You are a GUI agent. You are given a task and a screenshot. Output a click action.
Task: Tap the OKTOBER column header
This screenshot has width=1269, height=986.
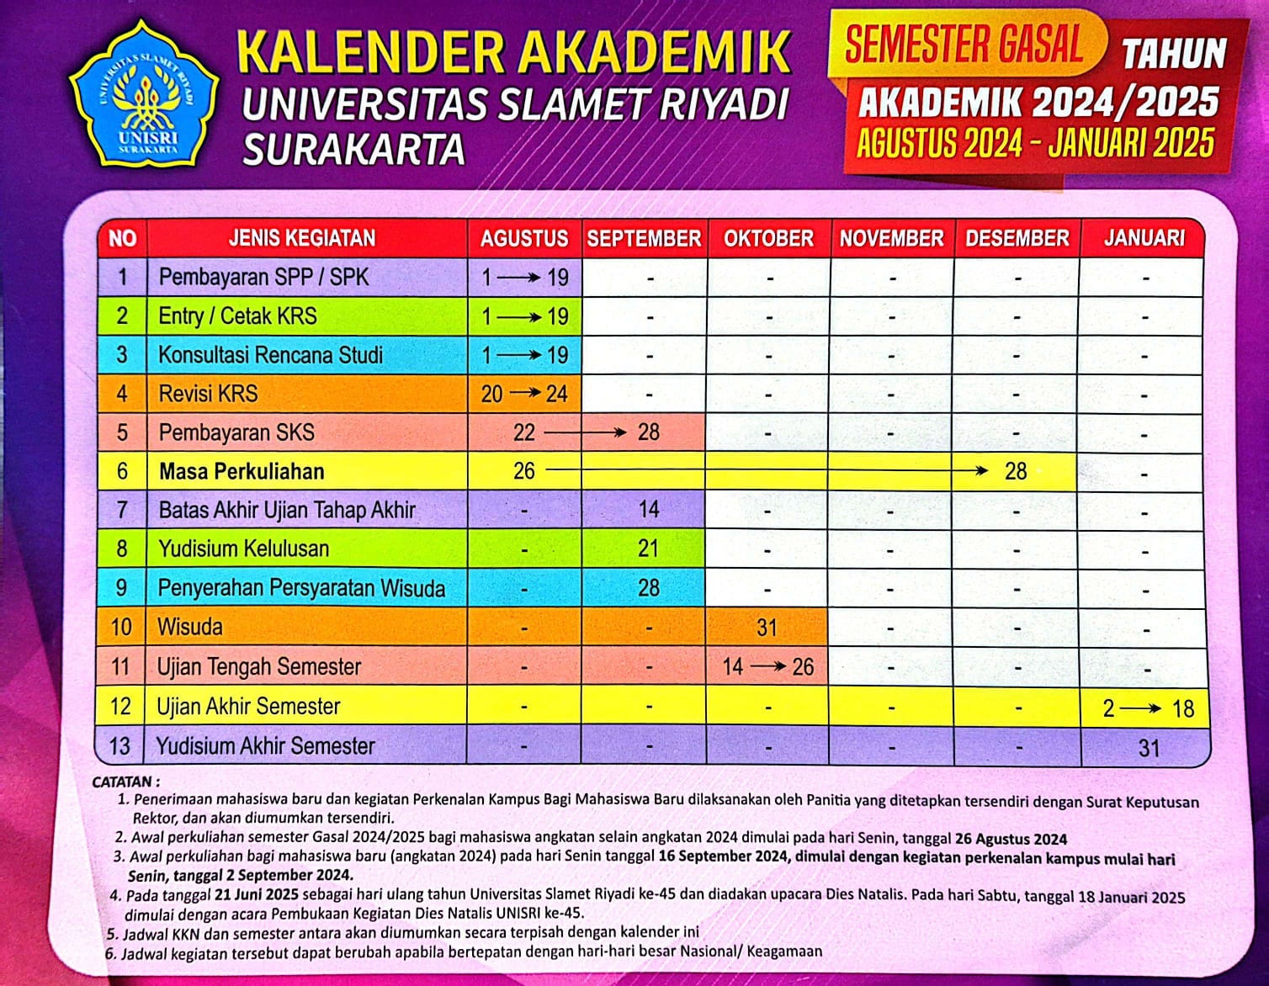pos(768,238)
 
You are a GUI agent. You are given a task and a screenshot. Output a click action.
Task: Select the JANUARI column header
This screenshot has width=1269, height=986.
pos(1144,238)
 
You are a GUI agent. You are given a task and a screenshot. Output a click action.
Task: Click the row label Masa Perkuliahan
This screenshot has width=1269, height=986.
pos(242,471)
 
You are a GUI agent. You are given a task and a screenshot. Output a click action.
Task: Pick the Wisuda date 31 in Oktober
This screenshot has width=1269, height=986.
pos(767,628)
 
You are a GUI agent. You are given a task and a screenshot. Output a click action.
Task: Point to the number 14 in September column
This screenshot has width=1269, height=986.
pos(648,510)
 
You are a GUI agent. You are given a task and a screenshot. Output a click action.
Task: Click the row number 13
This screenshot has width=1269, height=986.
pos(120,745)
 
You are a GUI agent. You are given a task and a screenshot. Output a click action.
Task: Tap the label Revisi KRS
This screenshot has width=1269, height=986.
pos(208,394)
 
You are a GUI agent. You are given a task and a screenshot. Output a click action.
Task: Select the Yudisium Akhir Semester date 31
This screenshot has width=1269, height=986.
pos(1149,747)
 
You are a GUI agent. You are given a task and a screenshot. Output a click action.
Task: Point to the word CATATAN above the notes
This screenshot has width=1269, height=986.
pos(125,782)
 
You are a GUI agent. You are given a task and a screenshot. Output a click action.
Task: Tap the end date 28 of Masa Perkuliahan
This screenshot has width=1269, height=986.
pos(1016,471)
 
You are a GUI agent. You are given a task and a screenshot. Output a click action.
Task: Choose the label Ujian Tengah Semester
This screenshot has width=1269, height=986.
pos(258,667)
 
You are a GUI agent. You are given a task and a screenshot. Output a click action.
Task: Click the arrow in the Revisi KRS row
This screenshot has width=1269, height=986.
pos(524,393)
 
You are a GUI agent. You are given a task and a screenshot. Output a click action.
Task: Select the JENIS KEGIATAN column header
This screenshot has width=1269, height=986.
pos(302,238)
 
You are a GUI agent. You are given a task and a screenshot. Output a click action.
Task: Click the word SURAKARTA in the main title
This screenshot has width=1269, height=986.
pos(353,149)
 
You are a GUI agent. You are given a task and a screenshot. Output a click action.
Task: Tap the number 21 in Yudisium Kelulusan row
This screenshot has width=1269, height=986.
pos(648,549)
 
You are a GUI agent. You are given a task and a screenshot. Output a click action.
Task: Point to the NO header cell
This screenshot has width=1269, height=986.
pos(122,238)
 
